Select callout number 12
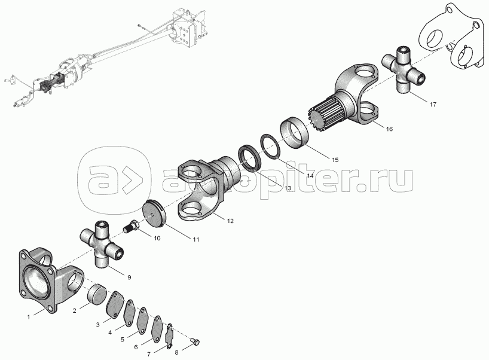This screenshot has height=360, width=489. [230, 221]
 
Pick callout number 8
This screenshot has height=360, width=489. [177, 352]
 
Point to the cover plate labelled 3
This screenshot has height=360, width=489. [114, 306]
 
